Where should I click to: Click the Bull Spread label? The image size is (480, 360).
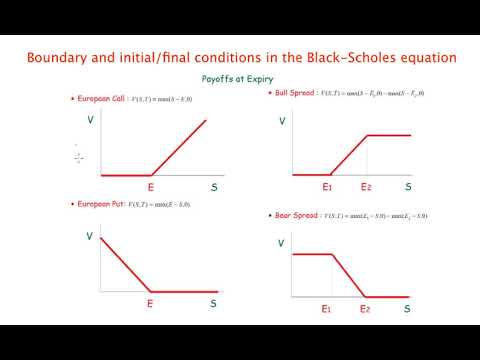[x=298, y=93]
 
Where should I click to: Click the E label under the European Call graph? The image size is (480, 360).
[x=151, y=186]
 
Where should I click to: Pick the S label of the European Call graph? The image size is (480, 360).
[x=213, y=186]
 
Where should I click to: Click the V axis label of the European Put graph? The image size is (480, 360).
[x=91, y=237]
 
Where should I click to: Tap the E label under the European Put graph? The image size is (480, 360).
[x=151, y=302]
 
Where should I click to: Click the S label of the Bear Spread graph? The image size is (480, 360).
[x=407, y=310]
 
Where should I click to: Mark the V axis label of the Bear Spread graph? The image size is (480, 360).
[x=281, y=243]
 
